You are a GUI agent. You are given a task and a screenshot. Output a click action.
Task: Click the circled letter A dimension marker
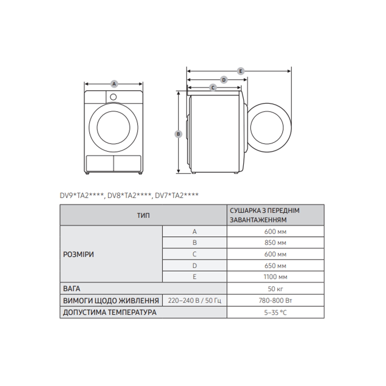pos(114,84)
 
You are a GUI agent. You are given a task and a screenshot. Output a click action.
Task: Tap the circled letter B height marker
pos(178,134)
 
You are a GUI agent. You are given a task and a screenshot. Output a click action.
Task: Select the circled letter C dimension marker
pos(213,87)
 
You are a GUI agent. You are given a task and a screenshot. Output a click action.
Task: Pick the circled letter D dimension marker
pos(224,80)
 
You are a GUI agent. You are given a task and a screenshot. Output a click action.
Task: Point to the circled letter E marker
pos(240,71)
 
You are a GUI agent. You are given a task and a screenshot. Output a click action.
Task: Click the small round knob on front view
pos(113,97)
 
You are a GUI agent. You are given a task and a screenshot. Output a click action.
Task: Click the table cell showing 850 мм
pos(275,243)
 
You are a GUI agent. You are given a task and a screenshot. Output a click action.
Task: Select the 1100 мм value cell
pos(275,277)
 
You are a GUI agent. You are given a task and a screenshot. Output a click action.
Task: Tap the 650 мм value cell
pos(275,266)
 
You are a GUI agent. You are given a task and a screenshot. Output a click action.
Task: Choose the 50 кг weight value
pos(275,289)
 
